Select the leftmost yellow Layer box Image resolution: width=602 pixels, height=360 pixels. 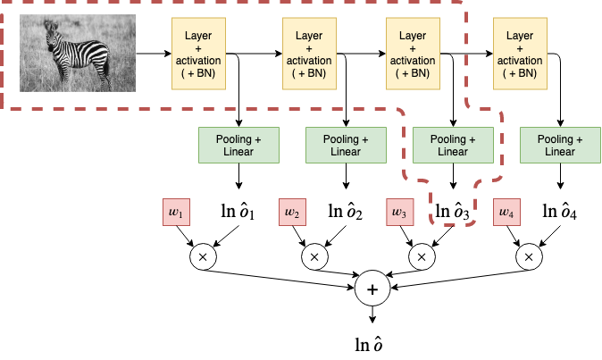tap(198, 54)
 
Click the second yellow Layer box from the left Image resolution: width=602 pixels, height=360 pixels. tap(309, 54)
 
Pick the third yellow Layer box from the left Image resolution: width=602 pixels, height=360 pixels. tap(413, 54)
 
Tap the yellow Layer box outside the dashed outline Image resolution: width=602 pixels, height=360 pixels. tap(520, 54)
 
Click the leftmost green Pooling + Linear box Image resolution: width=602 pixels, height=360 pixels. tap(238, 146)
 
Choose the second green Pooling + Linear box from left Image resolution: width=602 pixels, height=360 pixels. tap(346, 146)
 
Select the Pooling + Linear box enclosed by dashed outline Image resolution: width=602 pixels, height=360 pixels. tap(453, 146)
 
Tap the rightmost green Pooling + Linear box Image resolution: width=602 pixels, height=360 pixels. tap(560, 146)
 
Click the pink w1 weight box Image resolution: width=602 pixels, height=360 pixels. tap(175, 213)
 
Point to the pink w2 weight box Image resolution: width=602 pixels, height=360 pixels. tap(292, 213)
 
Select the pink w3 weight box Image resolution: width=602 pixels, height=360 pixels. tap(398, 213)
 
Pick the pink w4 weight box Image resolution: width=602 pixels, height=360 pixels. tap(506, 213)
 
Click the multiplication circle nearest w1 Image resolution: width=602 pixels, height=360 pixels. tap(203, 257)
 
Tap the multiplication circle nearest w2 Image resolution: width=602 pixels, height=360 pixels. tap(314, 257)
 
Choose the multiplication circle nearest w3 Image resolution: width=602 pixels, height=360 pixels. tap(422, 257)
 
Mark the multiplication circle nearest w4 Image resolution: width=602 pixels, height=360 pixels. tap(529, 257)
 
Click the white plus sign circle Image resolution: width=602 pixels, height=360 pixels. tap(372, 289)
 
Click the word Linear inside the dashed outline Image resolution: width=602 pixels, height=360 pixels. tap(453, 152)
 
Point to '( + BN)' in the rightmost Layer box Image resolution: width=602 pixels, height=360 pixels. tap(520, 73)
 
